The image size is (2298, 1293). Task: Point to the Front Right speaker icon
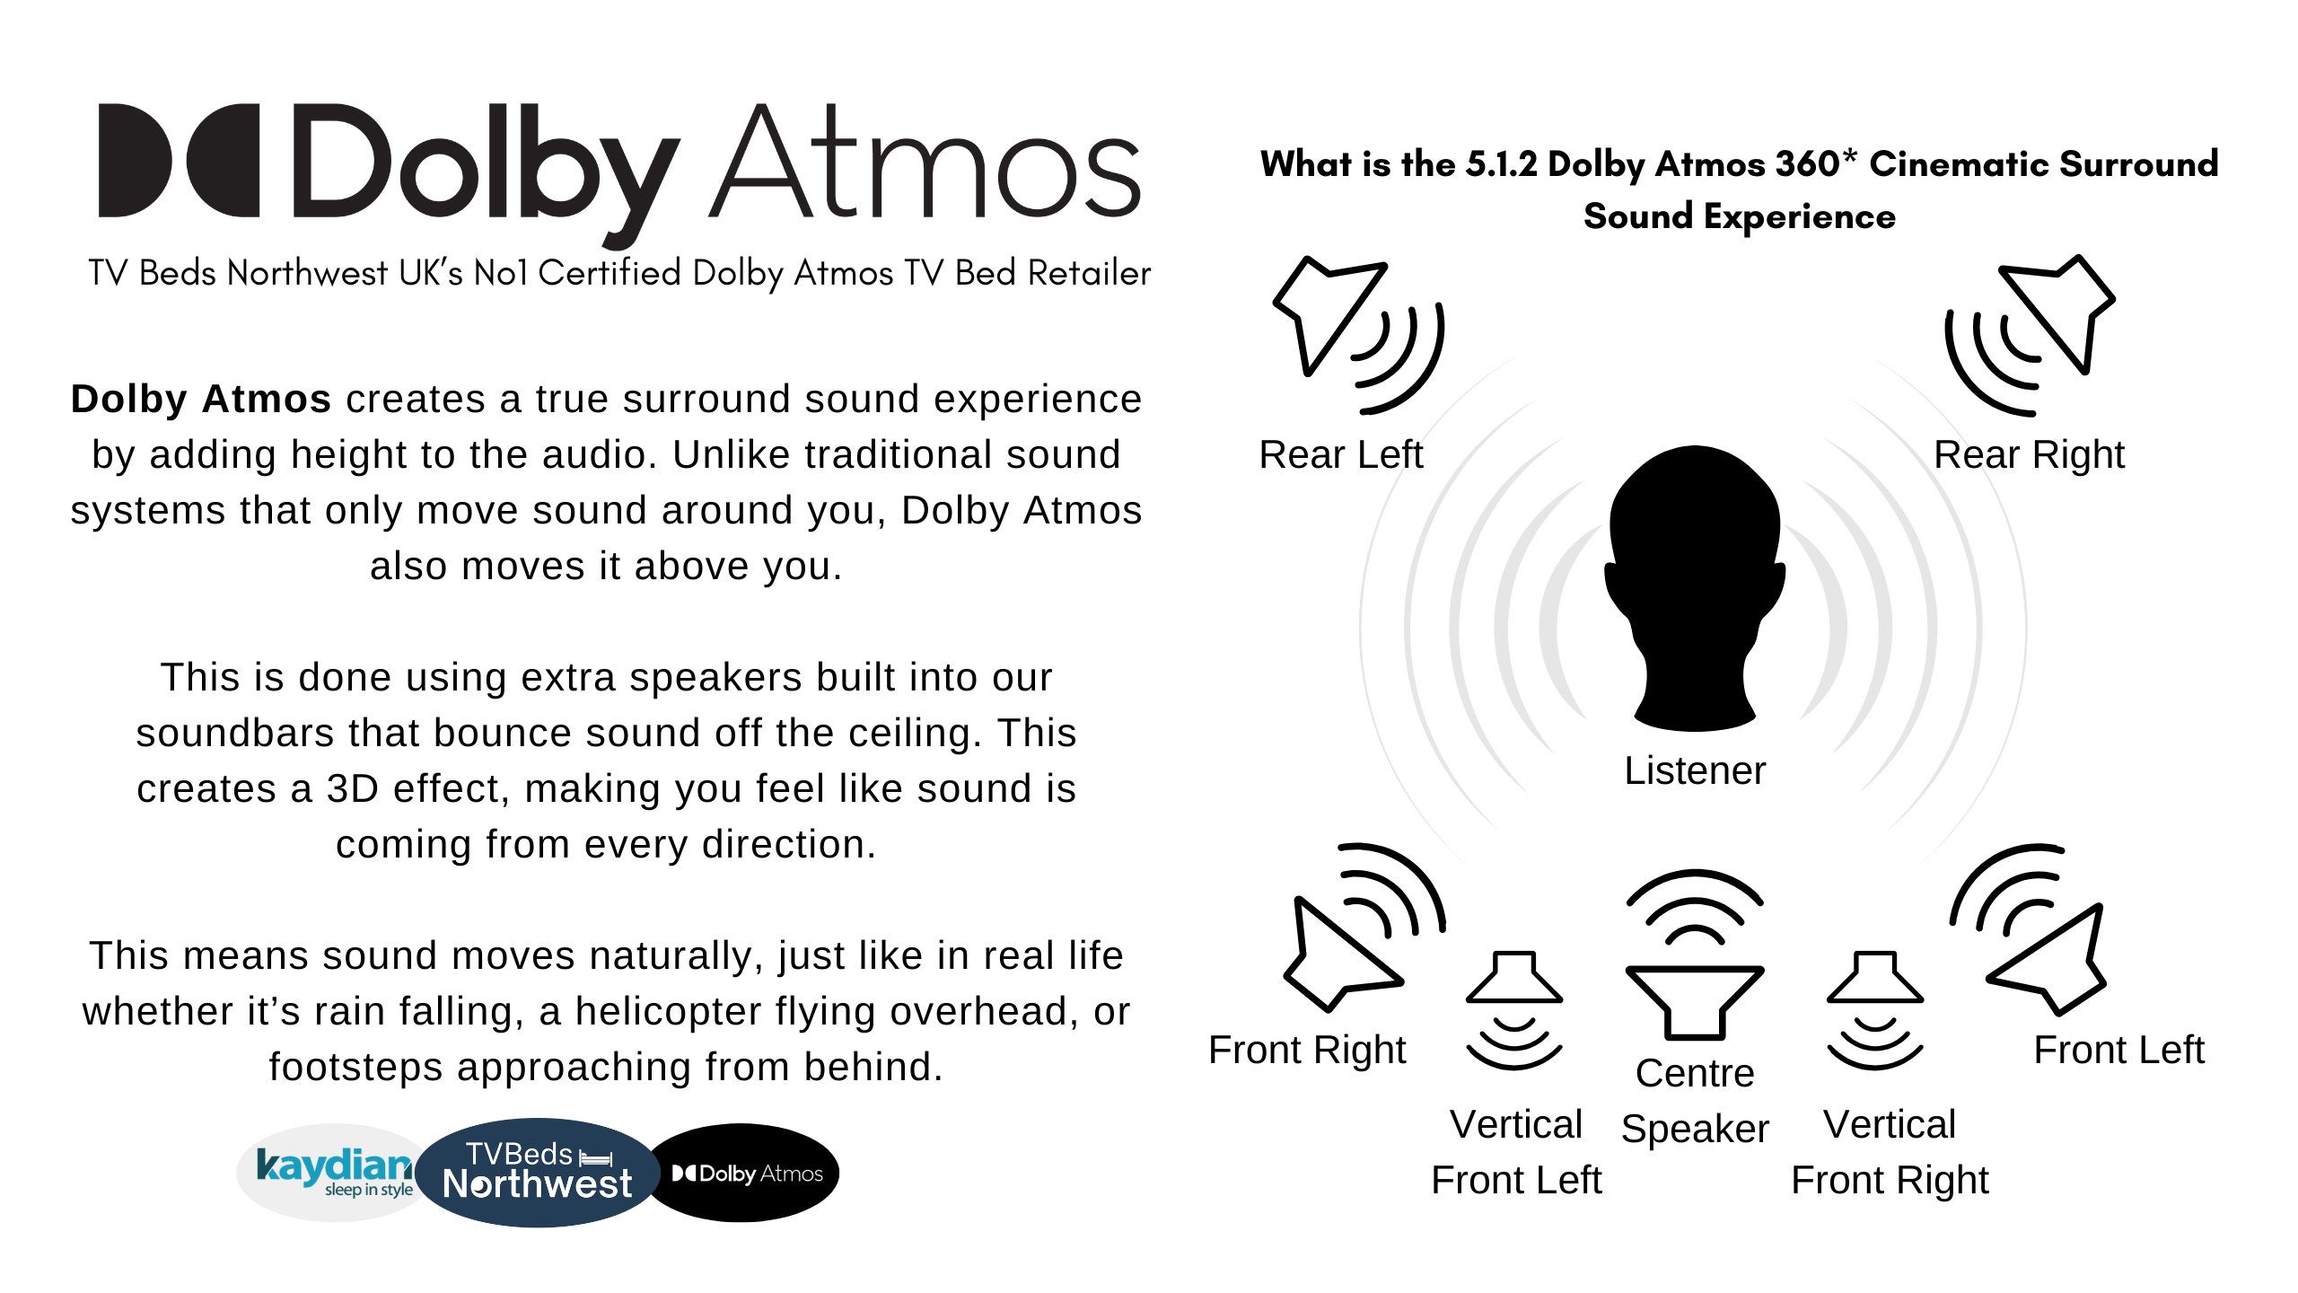(1355, 934)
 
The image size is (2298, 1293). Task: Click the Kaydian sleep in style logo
(332, 1172)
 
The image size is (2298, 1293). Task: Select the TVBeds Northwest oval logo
(537, 1172)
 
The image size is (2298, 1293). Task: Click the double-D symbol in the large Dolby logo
(180, 160)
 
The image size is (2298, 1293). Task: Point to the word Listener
(1695, 770)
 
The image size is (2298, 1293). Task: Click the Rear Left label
(1341, 454)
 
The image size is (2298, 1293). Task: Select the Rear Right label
(2029, 454)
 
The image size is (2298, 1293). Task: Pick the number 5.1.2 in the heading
(1501, 164)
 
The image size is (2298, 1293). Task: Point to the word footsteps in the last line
(355, 1068)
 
